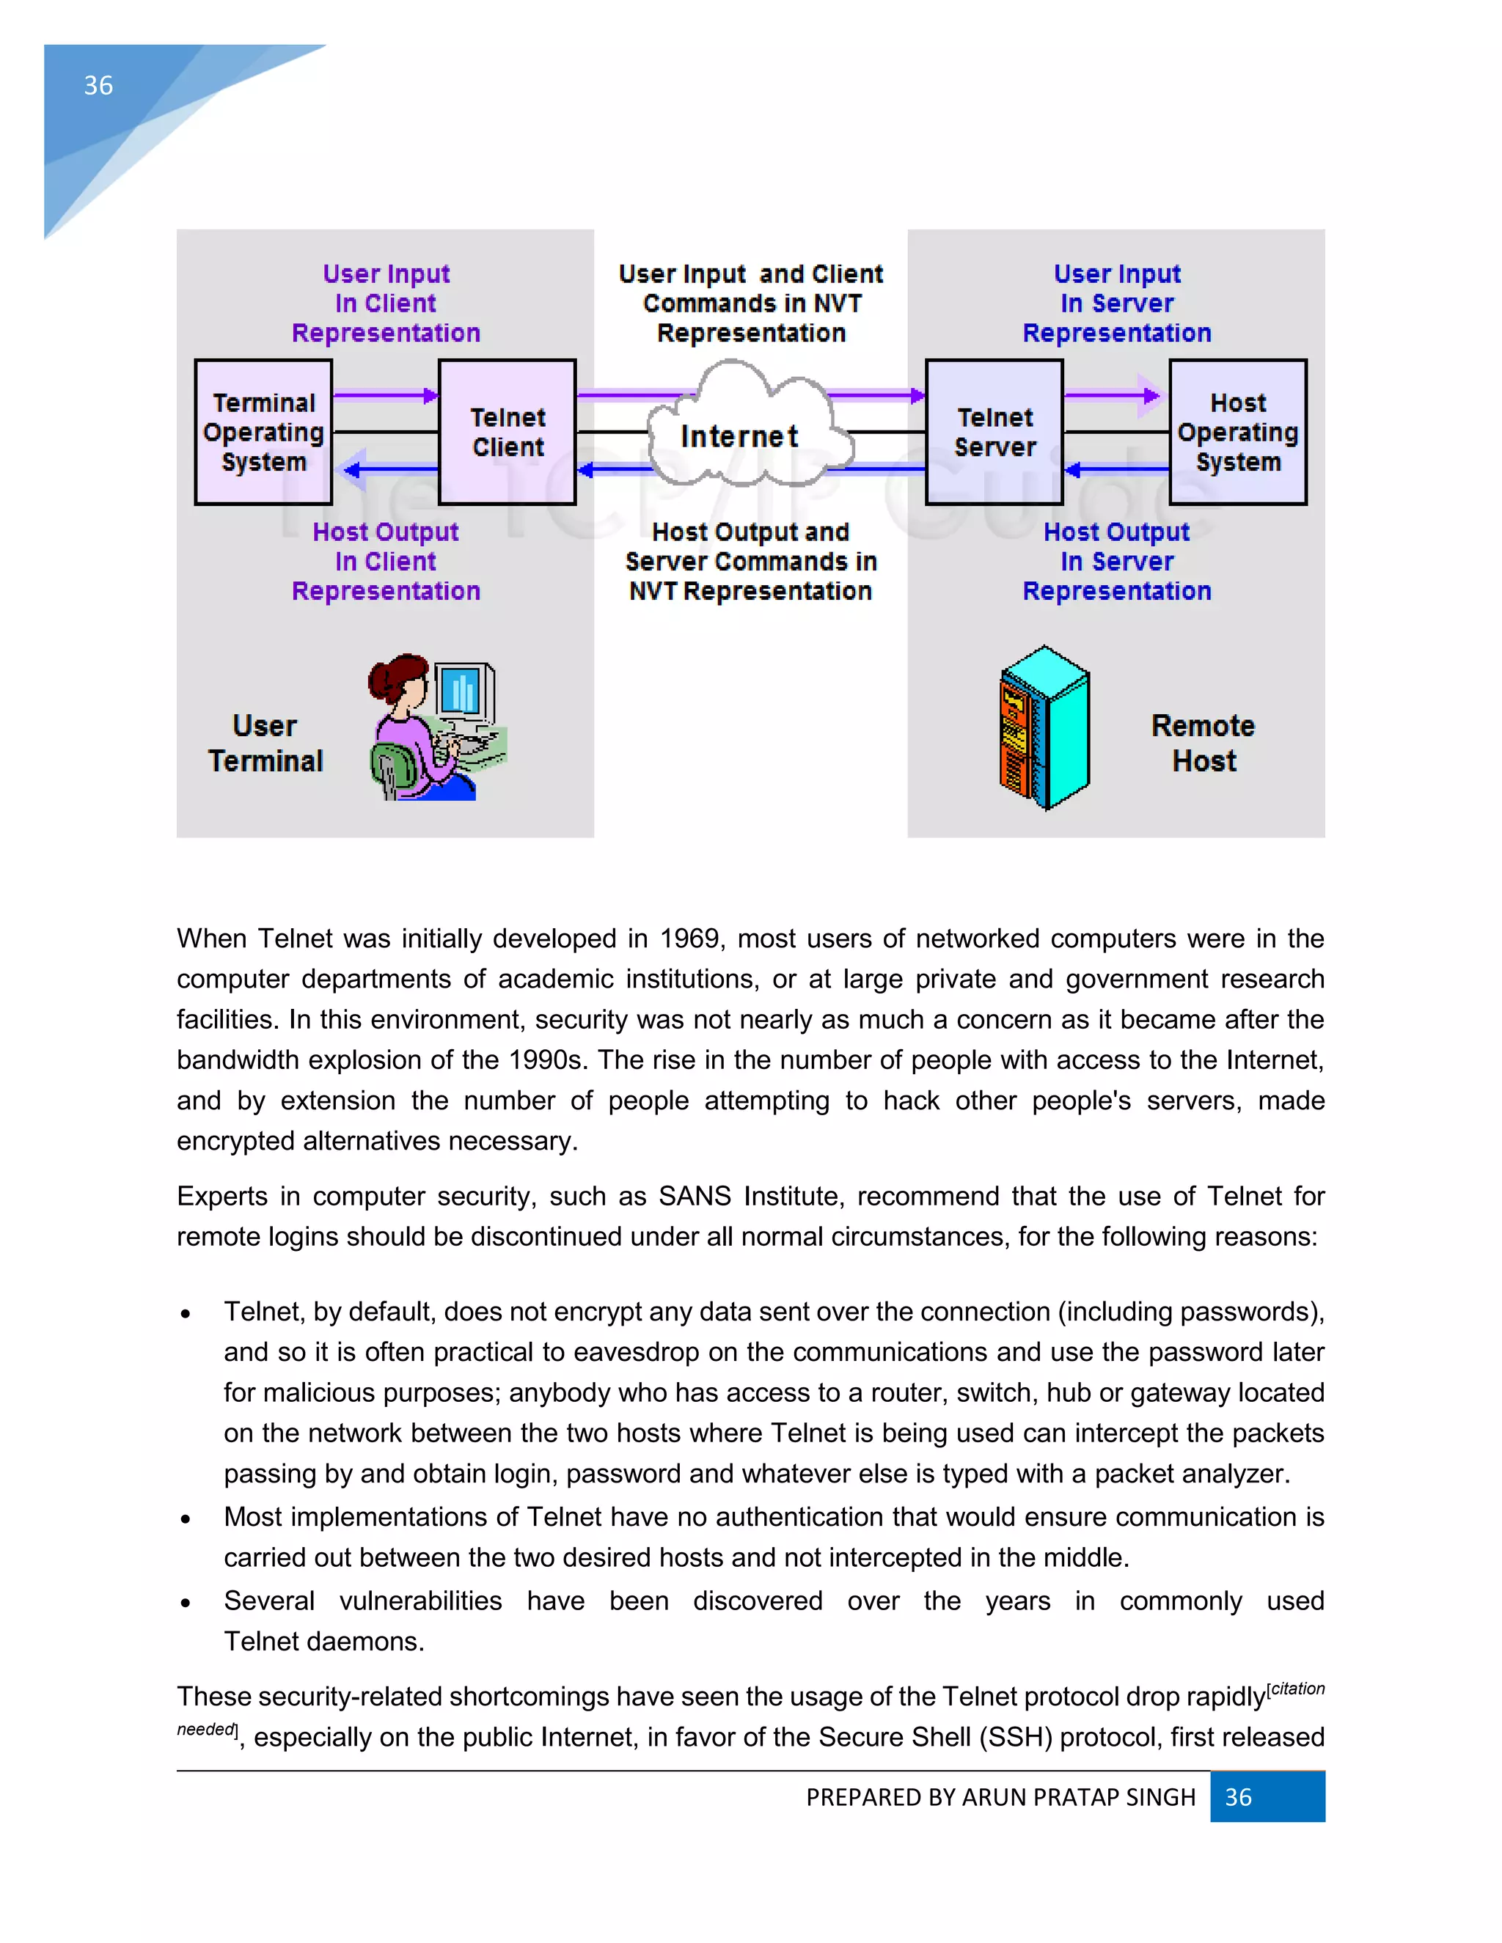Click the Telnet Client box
pyautogui.click(x=508, y=433)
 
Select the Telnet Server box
pyautogui.click(x=994, y=433)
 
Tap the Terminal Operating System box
pyautogui.click(x=263, y=433)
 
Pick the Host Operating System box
pyautogui.click(x=1238, y=433)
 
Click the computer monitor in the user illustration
pyautogui.click(x=464, y=691)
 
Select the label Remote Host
pyautogui.click(x=1203, y=743)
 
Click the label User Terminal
pyautogui.click(x=265, y=743)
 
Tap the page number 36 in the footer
pyautogui.click(x=1238, y=1797)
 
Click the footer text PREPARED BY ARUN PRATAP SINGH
pyautogui.click(x=1000, y=1797)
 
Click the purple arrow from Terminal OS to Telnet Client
pyautogui.click(x=385, y=395)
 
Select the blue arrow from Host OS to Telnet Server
pyautogui.click(x=1115, y=469)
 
